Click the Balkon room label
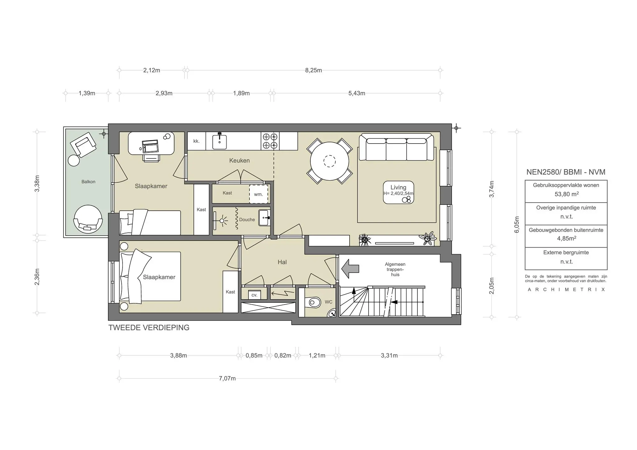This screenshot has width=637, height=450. coord(88,182)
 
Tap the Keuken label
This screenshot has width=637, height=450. coord(239,161)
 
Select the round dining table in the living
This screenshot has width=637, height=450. coord(329,161)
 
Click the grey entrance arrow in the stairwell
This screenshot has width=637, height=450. coord(350,269)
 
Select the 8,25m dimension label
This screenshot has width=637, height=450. coord(313,70)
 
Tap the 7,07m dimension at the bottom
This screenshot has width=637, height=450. coord(227,379)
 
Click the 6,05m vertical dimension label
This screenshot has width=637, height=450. coord(517,224)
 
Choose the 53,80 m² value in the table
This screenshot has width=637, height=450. coord(566,194)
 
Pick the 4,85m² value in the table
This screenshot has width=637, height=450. coord(566,239)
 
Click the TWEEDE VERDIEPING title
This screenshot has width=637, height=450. coord(149,328)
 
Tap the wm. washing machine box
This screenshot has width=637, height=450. coord(258,194)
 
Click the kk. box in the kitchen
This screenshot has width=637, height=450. coord(196,141)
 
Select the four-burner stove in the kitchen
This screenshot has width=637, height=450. coord(270,141)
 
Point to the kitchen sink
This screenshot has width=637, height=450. coord(219,141)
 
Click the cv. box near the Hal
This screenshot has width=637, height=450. coord(254,295)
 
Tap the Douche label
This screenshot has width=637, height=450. coord(247,220)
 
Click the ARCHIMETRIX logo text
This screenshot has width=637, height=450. coord(566,290)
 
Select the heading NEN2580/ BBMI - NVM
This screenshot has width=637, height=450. coord(566,172)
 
